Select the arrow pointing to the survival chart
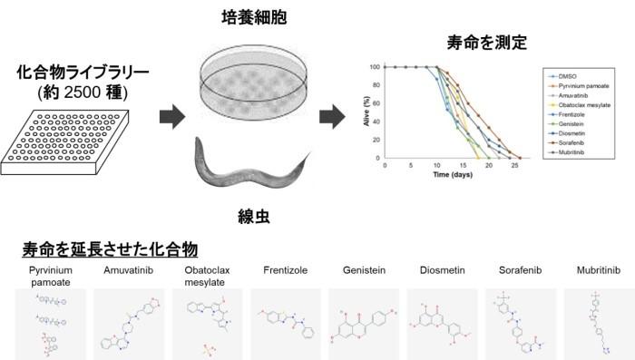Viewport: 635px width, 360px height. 333,116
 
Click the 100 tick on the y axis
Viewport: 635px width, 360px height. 374,66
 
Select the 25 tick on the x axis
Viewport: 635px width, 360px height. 514,167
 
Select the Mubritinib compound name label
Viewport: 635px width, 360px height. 600,269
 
